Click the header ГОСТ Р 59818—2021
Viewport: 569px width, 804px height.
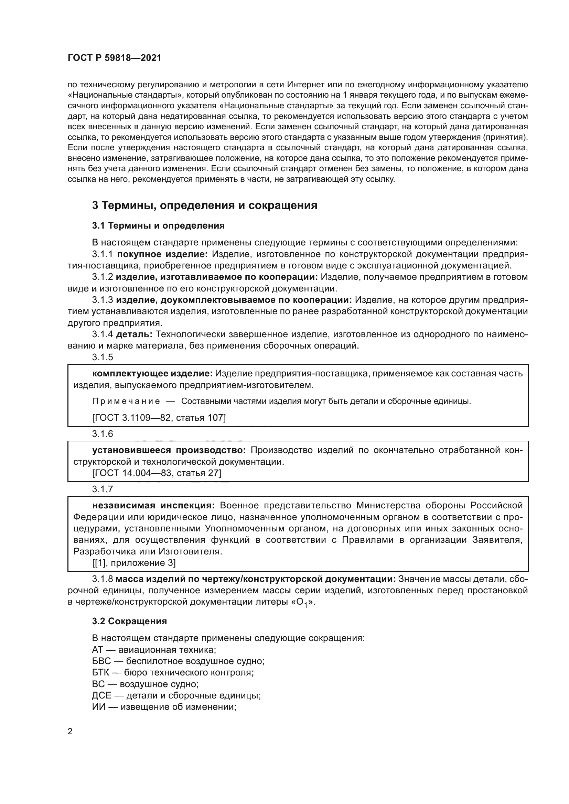[x=114, y=58]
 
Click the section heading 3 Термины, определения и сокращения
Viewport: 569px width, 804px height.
[x=204, y=205]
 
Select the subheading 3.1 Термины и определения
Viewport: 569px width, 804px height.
[x=158, y=225]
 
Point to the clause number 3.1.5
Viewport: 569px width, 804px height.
[x=103, y=357]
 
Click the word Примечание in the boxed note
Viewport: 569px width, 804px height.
[x=126, y=401]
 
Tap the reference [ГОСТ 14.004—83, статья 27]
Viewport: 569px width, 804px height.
[x=157, y=473]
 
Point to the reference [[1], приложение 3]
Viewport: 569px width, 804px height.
[x=134, y=563]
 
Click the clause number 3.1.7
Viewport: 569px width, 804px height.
[x=103, y=489]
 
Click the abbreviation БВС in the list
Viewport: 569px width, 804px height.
[x=101, y=661]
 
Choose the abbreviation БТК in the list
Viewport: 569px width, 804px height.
[x=101, y=673]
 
